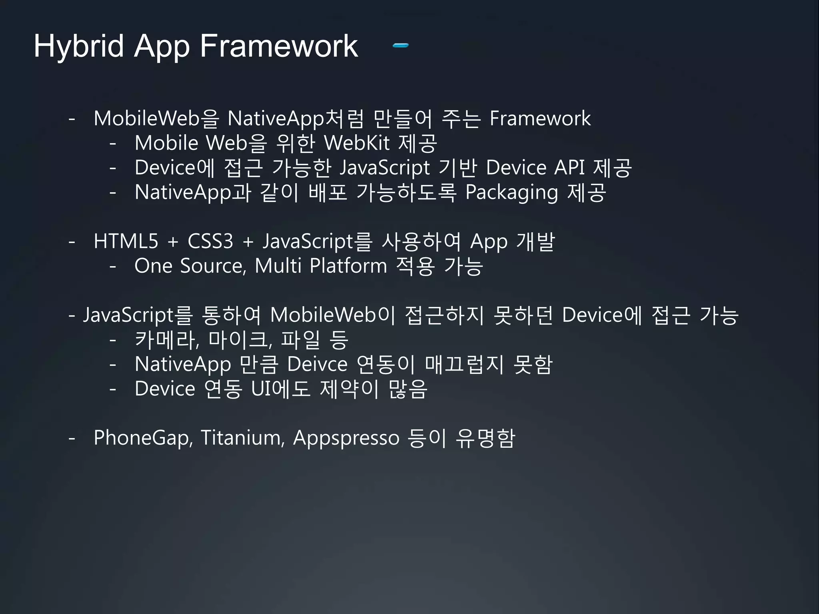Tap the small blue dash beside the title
pyautogui.click(x=400, y=46)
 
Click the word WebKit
pyautogui.click(x=356, y=143)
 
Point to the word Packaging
pyautogui.click(x=511, y=193)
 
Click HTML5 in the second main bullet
pyautogui.click(x=126, y=241)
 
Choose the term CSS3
pyautogui.click(x=210, y=241)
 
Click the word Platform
pyautogui.click(x=348, y=266)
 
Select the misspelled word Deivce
pyautogui.click(x=317, y=364)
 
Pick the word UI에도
pyautogui.click(x=280, y=389)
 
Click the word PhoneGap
pyautogui.click(x=143, y=438)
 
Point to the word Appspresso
pyautogui.click(x=346, y=438)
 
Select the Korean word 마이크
pyautogui.click(x=240, y=340)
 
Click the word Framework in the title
pyautogui.click(x=279, y=46)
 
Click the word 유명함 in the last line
pyautogui.click(x=485, y=438)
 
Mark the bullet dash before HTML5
pyautogui.click(x=72, y=241)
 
